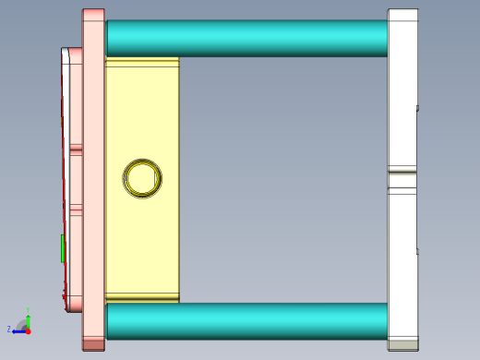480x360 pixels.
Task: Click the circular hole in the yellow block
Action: (x=143, y=177)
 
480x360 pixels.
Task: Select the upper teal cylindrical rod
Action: (x=245, y=38)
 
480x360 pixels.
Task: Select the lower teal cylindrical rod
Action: (x=245, y=320)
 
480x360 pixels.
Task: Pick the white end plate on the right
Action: (x=402, y=92)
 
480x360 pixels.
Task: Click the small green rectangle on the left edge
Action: (x=63, y=248)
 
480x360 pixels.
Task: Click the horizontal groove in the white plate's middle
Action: (x=402, y=177)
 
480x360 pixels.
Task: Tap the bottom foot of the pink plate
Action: (x=93, y=344)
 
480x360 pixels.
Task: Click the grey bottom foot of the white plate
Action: (x=402, y=345)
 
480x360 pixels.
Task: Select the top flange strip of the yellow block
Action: (x=142, y=62)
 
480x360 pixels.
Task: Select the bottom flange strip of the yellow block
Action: (x=142, y=297)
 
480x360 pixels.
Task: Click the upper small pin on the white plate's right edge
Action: (x=418, y=108)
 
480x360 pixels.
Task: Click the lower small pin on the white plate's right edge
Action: (x=418, y=250)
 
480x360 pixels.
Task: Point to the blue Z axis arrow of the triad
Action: (x=17, y=330)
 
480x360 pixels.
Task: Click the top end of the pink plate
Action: (x=93, y=14)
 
